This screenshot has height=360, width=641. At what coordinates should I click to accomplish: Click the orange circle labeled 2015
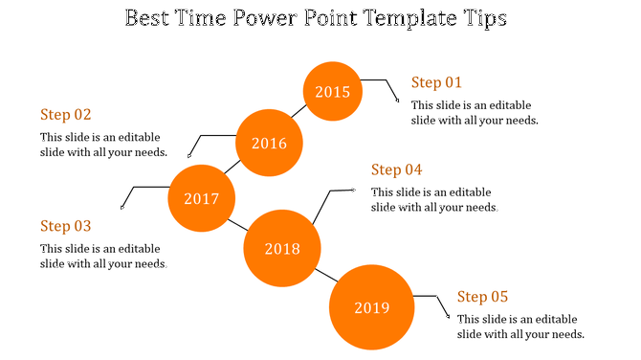333,92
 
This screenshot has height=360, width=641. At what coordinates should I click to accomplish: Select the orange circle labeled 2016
269,144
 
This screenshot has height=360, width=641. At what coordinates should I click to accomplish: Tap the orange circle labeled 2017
201,199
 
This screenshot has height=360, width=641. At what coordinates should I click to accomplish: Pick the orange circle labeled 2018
281,249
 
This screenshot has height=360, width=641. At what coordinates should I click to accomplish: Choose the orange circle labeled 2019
371,307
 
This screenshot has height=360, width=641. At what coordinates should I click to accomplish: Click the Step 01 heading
436,82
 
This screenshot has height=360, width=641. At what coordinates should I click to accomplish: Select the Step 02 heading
66,114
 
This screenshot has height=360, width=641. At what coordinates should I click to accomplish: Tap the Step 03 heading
66,226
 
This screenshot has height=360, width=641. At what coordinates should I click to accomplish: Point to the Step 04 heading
397,169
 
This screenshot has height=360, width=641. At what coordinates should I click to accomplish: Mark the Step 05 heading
483,297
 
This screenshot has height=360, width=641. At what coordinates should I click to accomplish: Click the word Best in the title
149,18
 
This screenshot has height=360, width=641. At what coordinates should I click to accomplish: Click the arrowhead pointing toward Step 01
399,100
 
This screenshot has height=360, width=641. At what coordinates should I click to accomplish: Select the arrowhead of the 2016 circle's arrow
189,154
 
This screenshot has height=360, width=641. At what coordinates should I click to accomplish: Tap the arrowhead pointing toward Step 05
449,319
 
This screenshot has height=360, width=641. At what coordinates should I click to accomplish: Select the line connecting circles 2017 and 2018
238,225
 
